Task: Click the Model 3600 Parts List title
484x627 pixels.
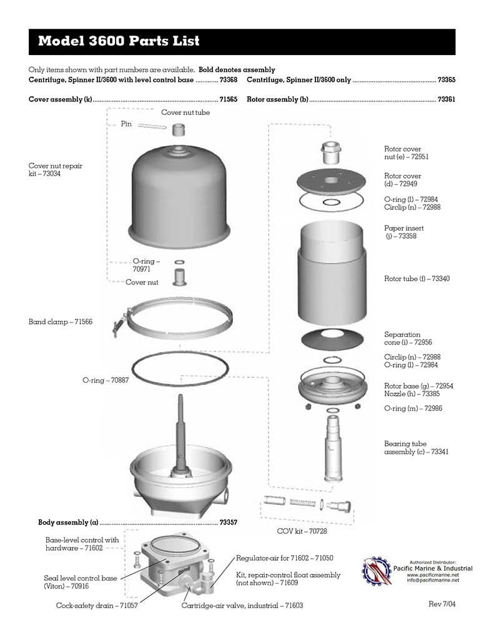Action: click(119, 42)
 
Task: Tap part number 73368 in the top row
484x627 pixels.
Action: click(228, 81)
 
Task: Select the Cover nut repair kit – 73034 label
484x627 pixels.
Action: click(55, 169)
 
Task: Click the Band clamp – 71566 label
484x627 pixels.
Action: click(60, 322)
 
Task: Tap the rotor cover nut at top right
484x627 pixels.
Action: click(328, 151)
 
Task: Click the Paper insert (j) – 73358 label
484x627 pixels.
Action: click(404, 232)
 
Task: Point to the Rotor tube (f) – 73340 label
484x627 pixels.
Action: click(416, 279)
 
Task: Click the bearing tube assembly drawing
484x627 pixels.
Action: click(333, 447)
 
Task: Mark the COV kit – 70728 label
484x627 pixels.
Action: click(302, 531)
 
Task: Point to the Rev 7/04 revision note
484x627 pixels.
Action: click(443, 604)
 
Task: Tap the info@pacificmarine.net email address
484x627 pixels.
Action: click(433, 580)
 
